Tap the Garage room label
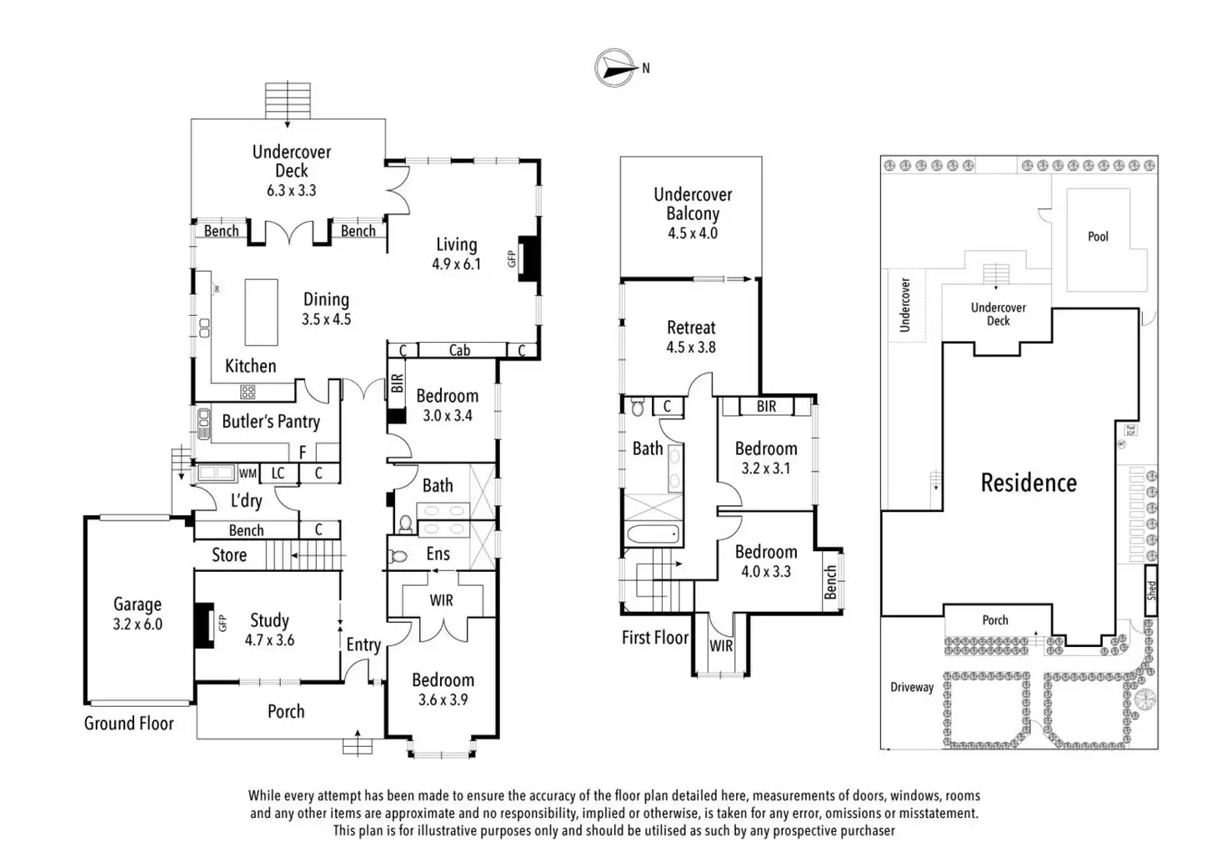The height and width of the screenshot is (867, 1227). pyautogui.click(x=138, y=604)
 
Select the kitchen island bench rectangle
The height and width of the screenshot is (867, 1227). pyautogui.click(x=261, y=312)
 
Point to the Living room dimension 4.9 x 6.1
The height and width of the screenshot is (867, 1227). pyautogui.click(x=456, y=264)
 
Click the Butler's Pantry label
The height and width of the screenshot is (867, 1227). pyautogui.click(x=271, y=422)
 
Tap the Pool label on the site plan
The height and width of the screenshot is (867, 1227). pyautogui.click(x=1098, y=237)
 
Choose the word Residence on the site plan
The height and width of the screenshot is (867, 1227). pyautogui.click(x=1029, y=483)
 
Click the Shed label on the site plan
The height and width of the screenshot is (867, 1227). pyautogui.click(x=1151, y=591)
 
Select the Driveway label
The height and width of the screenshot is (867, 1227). pyautogui.click(x=912, y=688)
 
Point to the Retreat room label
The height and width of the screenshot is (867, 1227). pyautogui.click(x=691, y=328)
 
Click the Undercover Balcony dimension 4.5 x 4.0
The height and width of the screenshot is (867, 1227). pyautogui.click(x=692, y=233)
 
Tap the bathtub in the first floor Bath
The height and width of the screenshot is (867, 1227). pyautogui.click(x=652, y=534)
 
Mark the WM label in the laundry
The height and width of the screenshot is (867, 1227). pyautogui.click(x=248, y=474)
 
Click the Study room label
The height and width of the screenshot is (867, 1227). pyautogui.click(x=269, y=620)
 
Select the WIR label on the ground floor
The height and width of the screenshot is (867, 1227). pyautogui.click(x=441, y=600)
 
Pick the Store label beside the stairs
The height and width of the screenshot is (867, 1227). pyautogui.click(x=229, y=555)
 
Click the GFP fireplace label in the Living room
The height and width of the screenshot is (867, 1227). pyautogui.click(x=513, y=259)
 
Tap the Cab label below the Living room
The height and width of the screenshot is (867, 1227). pyautogui.click(x=459, y=350)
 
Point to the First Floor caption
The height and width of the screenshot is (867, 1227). pyautogui.click(x=655, y=638)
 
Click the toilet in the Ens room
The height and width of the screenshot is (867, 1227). pyautogui.click(x=399, y=554)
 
